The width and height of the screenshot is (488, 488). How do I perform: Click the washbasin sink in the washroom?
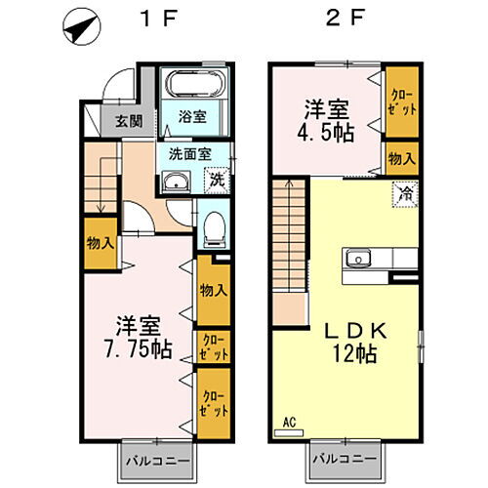pyautogui.click(x=177, y=182)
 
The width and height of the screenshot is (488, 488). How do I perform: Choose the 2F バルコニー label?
pyautogui.click(x=345, y=459)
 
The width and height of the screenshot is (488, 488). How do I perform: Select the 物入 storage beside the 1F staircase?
pyautogui.click(x=99, y=245)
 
